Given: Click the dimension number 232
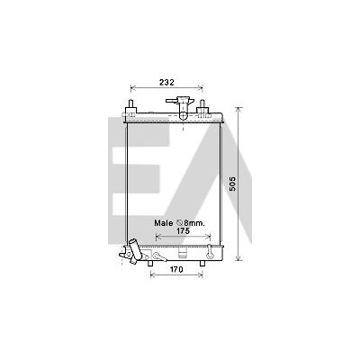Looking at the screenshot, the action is (x=166, y=82).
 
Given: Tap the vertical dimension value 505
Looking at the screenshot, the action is (x=233, y=184).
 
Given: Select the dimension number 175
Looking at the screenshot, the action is (x=183, y=230).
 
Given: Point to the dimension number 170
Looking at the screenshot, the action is (x=176, y=270).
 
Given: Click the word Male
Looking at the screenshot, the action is (x=164, y=223).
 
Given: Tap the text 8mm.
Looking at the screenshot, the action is (x=194, y=223).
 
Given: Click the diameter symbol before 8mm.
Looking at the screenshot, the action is (x=180, y=223).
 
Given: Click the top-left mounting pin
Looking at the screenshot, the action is (x=131, y=106).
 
